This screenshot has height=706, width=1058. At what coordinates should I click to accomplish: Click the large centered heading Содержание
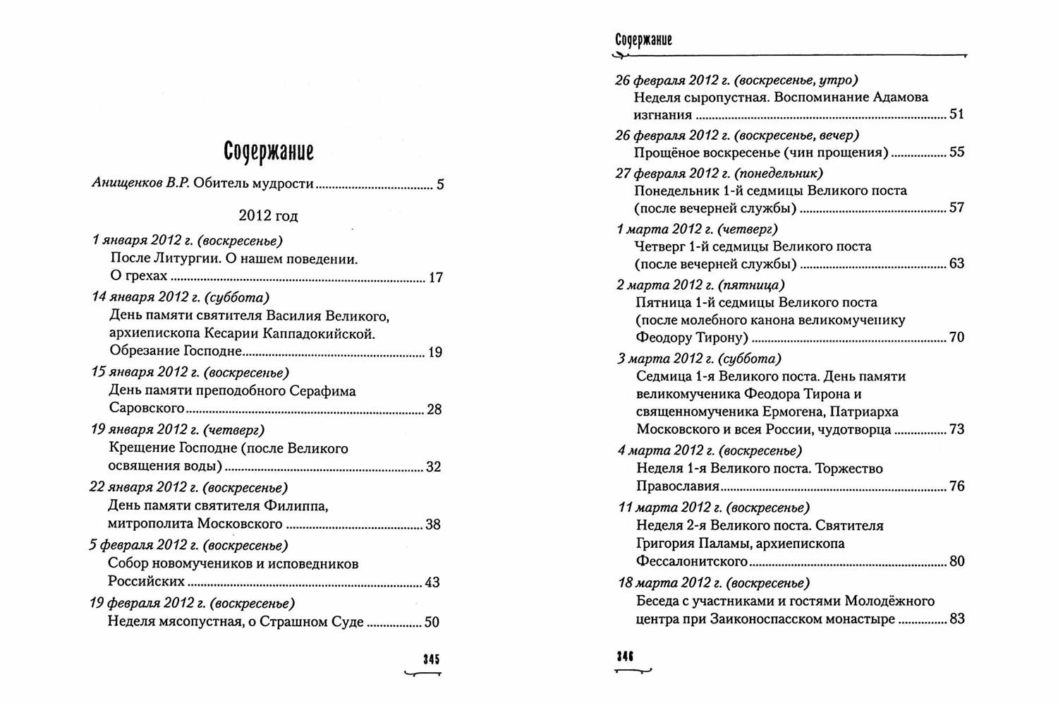(268, 151)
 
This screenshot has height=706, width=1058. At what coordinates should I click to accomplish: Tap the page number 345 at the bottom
(431, 659)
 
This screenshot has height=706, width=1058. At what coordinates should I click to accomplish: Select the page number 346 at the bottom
(625, 656)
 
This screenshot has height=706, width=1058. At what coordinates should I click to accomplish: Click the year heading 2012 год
(268, 216)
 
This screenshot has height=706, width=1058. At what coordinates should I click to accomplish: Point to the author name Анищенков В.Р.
(141, 184)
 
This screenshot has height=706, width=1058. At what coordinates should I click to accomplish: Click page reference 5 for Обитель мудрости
(440, 185)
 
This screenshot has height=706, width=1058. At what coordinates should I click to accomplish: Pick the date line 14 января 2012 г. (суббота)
(181, 297)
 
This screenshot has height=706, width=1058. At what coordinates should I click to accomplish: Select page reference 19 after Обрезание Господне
(435, 352)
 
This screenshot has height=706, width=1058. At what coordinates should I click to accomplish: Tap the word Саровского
(147, 408)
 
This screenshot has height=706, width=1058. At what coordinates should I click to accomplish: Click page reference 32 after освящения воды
(434, 467)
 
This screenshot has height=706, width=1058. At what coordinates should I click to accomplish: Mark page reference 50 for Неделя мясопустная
(432, 622)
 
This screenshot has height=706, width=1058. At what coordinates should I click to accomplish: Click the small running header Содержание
(643, 40)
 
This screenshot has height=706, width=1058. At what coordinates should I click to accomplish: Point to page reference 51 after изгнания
(956, 114)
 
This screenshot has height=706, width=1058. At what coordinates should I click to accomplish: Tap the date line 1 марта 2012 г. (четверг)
(697, 229)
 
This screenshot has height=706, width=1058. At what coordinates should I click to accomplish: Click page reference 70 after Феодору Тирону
(956, 337)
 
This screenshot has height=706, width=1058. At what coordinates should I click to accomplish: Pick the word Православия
(678, 486)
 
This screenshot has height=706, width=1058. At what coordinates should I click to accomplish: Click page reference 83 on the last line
(956, 619)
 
